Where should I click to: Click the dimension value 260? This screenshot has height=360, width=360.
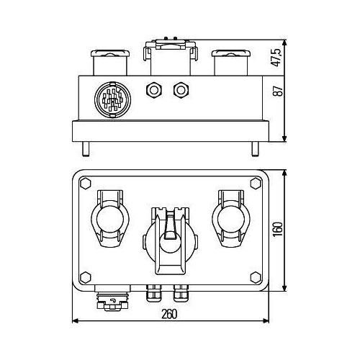[168, 314]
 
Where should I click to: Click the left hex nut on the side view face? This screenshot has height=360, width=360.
[153, 90]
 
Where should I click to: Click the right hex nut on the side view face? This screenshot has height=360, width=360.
[181, 90]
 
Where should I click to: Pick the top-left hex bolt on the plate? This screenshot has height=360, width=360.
[86, 184]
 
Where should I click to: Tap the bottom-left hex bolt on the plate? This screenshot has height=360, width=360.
[86, 275]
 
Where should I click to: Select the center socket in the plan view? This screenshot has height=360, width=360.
[169, 241]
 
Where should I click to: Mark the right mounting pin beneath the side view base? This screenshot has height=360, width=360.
[253, 150]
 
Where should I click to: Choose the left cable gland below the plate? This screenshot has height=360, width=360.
[153, 294]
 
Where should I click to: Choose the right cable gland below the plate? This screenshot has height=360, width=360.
[181, 294]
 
